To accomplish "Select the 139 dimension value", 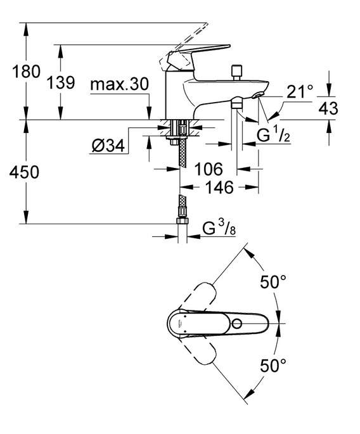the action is (x=61, y=82).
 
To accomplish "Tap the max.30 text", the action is (x=119, y=84).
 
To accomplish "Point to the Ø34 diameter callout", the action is (x=108, y=145).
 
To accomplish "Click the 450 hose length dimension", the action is (x=24, y=172).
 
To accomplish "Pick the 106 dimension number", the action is (x=209, y=169).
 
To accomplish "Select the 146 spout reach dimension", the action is (x=219, y=188).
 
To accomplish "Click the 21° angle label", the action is (x=300, y=91).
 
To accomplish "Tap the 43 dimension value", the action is (x=328, y=108).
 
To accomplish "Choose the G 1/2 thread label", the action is (x=273, y=135).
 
